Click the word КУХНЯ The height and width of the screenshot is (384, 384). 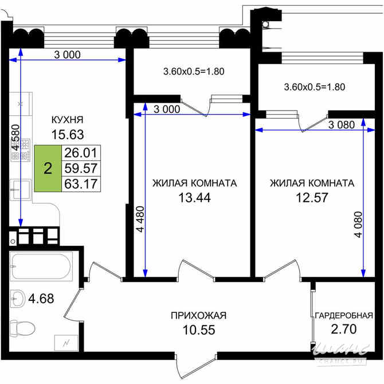pyautogui.click(x=68, y=120)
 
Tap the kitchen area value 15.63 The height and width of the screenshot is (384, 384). pyautogui.click(x=68, y=135)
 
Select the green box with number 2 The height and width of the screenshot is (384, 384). pyautogui.click(x=48, y=169)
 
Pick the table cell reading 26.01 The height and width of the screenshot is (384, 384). pyautogui.click(x=81, y=153)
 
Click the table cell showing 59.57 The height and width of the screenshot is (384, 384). pyautogui.click(x=81, y=169)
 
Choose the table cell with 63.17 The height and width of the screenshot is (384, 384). pyautogui.click(x=81, y=184)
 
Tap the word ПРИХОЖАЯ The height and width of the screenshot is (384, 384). pyautogui.click(x=198, y=315)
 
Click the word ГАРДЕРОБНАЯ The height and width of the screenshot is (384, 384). pyautogui.click(x=344, y=315)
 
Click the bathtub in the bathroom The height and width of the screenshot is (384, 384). pyautogui.click(x=41, y=267)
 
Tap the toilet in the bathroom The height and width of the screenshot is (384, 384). pyautogui.click(x=23, y=327)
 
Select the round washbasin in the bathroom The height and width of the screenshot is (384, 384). pyautogui.click(x=18, y=298)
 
